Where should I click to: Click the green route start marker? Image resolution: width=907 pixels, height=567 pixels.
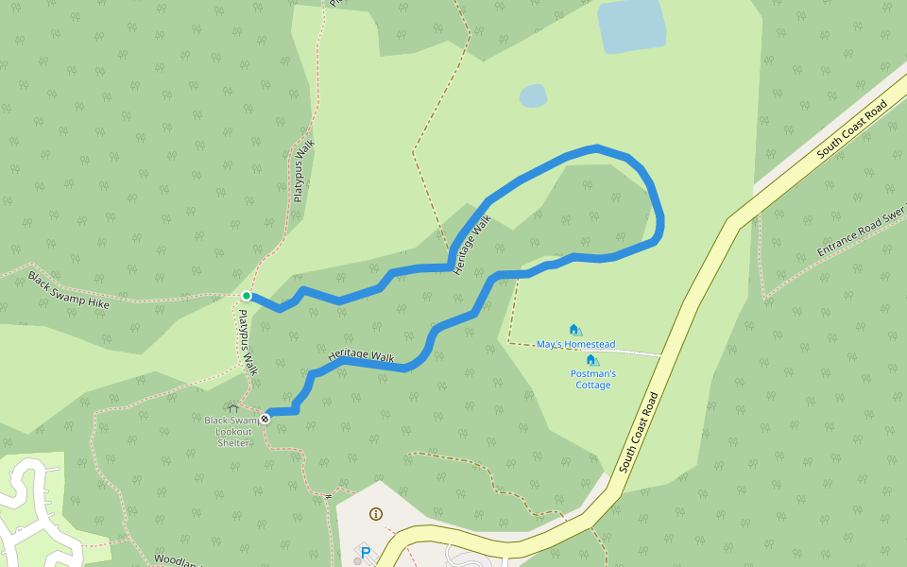click(x=247, y=296)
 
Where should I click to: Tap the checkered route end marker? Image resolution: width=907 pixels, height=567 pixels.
click(x=265, y=418)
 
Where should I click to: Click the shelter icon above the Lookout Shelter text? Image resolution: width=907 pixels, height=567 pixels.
click(x=233, y=408)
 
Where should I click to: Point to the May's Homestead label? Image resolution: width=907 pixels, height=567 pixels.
click(x=575, y=344)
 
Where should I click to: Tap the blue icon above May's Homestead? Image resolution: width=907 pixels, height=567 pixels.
click(x=574, y=330)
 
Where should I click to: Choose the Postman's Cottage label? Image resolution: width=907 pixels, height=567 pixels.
click(x=592, y=379)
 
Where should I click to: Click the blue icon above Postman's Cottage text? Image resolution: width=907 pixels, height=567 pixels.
click(x=591, y=360)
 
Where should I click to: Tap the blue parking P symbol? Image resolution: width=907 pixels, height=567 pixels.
click(x=365, y=552)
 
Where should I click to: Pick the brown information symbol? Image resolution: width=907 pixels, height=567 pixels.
click(x=376, y=514)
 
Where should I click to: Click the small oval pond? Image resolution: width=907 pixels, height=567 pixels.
click(x=533, y=95)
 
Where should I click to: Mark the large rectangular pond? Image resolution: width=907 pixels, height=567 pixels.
click(x=631, y=25)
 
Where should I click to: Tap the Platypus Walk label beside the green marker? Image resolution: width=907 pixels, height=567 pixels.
click(x=247, y=343)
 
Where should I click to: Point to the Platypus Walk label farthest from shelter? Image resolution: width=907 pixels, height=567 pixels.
click(x=303, y=171)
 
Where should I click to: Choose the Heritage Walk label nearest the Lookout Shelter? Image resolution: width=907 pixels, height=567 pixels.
click(x=361, y=355)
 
